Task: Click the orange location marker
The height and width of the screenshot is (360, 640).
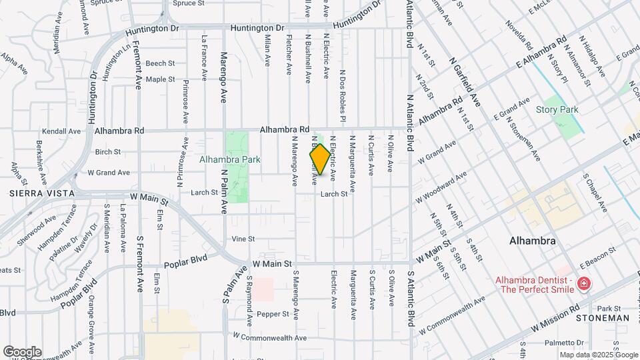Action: (x=320, y=159)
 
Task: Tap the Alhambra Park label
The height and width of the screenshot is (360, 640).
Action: (x=229, y=160)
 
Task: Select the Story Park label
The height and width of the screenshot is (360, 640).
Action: (x=557, y=109)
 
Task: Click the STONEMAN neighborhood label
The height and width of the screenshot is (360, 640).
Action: (x=602, y=318)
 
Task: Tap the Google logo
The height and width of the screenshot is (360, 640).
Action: (x=22, y=351)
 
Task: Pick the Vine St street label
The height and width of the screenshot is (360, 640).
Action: (x=243, y=239)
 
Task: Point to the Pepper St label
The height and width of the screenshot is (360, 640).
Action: (x=272, y=313)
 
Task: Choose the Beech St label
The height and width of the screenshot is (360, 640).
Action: (x=160, y=63)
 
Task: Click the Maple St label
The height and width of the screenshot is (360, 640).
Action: (x=160, y=79)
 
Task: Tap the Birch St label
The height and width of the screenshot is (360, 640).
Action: (x=107, y=152)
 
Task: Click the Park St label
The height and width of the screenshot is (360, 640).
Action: (x=609, y=309)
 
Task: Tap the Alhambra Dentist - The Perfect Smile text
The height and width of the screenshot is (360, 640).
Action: (x=534, y=285)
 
